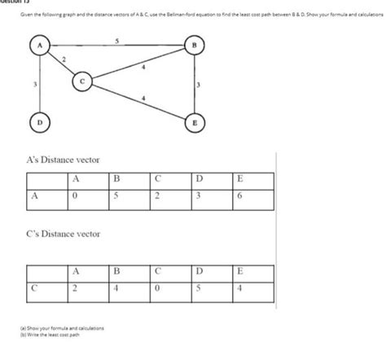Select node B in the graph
194,46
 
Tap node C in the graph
81,81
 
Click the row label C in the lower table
34,287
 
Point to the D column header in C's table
198,270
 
